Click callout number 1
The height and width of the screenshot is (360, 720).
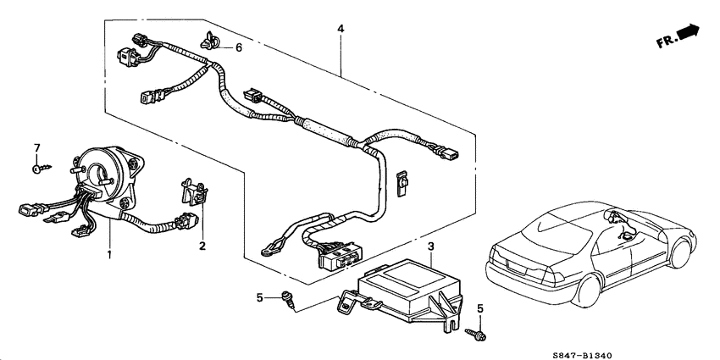click(x=108, y=254)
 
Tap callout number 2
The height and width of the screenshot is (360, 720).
click(x=202, y=246)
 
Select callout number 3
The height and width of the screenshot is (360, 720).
click(x=430, y=246)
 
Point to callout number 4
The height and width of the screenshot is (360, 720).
click(x=341, y=29)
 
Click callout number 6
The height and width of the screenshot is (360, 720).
click(x=238, y=48)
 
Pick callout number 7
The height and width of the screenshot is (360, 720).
click(x=36, y=149)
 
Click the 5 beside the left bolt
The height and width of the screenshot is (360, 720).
click(x=260, y=296)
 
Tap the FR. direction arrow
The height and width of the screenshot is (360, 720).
click(x=680, y=36)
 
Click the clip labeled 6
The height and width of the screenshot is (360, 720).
click(x=208, y=38)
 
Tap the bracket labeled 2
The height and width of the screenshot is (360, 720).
click(x=194, y=194)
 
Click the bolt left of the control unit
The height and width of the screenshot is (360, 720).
click(x=289, y=297)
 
